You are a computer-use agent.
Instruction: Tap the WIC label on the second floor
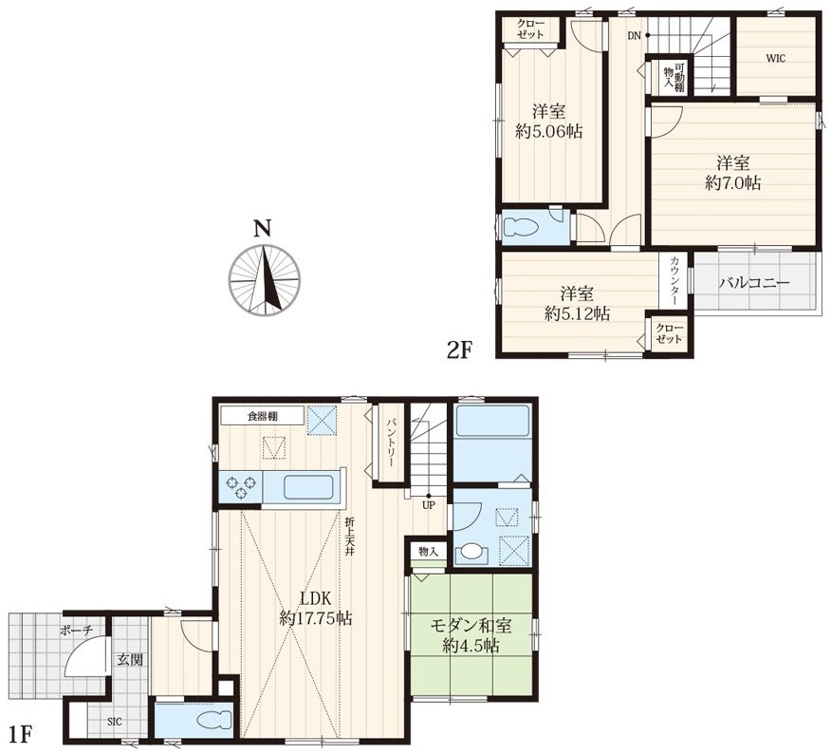tap(775, 58)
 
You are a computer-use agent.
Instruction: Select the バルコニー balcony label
tap(754, 283)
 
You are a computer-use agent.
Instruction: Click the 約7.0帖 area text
tap(733, 183)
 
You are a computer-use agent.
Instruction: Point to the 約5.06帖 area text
tap(549, 131)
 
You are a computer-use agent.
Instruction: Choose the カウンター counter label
tap(674, 281)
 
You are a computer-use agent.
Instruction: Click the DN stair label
tap(634, 36)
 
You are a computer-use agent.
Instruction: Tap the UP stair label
tap(428, 505)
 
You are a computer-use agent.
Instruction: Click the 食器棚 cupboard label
tap(263, 416)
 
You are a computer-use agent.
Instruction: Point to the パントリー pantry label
tap(390, 443)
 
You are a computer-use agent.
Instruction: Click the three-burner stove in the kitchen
tap(241, 488)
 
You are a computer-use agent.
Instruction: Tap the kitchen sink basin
tap(308, 487)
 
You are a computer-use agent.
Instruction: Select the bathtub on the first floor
tap(492, 421)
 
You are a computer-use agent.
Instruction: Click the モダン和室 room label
tap(471, 626)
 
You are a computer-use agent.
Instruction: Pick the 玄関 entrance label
tap(130, 660)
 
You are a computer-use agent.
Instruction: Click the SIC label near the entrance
tap(115, 722)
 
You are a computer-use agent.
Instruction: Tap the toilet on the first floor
tap(214, 721)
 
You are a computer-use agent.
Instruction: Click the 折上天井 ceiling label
tap(349, 537)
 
